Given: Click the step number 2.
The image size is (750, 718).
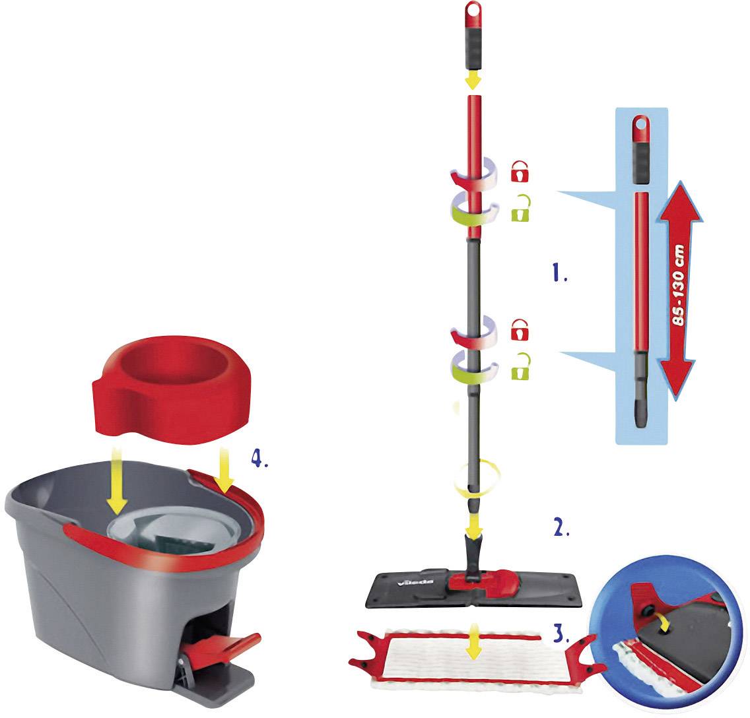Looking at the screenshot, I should (560, 528).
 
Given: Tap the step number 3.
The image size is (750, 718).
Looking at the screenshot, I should (559, 635).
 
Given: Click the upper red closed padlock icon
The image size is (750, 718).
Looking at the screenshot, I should (521, 172).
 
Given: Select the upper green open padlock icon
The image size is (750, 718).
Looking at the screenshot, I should (521, 211).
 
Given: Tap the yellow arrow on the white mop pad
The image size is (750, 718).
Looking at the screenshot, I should (472, 649).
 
